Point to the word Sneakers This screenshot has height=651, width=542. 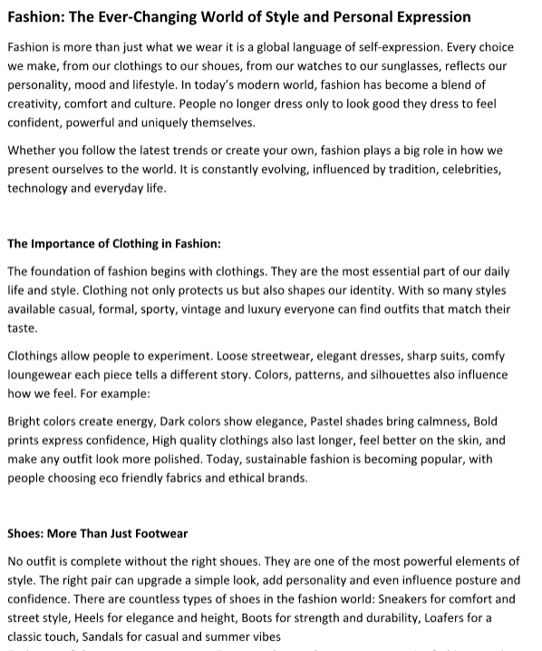coord(406,599)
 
